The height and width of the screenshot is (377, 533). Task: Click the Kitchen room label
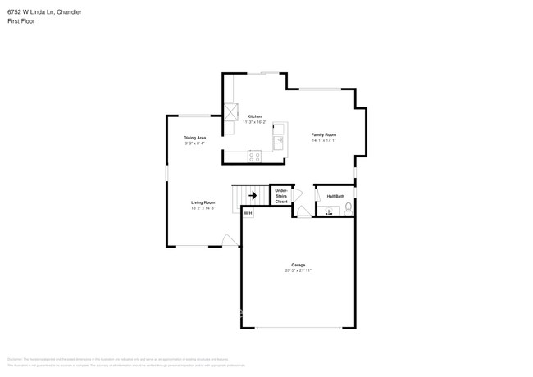tap(254, 116)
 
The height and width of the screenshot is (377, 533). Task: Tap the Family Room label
tap(323, 134)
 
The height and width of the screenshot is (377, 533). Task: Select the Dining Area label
tap(194, 138)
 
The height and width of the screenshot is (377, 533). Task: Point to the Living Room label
tap(203, 202)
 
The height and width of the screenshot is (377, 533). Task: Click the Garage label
tap(298, 265)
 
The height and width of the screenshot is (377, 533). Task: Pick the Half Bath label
tap(335, 197)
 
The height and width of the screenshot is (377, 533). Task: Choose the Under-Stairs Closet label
tap(281, 196)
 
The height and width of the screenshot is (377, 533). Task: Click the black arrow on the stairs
tap(253, 196)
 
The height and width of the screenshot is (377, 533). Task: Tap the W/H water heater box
tap(248, 213)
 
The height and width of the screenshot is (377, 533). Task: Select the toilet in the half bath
tap(348, 207)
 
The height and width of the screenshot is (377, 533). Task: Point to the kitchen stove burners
tap(254, 156)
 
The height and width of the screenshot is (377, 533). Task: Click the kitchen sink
tap(279, 140)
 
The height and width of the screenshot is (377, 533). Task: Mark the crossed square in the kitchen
tap(232, 111)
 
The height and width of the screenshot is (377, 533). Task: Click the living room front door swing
tap(230, 240)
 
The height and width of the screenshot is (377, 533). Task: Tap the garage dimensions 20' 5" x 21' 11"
tap(298, 270)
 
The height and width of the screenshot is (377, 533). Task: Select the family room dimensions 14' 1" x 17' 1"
tap(323, 140)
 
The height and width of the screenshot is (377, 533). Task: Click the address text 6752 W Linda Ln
tap(33, 12)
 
